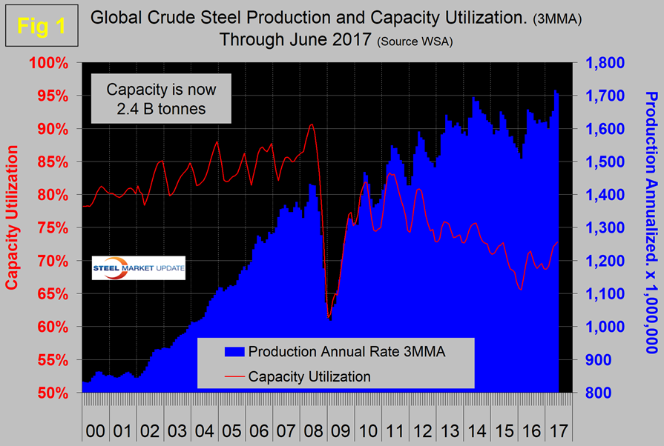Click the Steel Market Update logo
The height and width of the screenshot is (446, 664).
tap(138, 268)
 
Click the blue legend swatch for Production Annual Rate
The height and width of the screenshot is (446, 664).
tap(218, 353)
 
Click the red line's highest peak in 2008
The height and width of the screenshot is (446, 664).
tap(312, 124)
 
